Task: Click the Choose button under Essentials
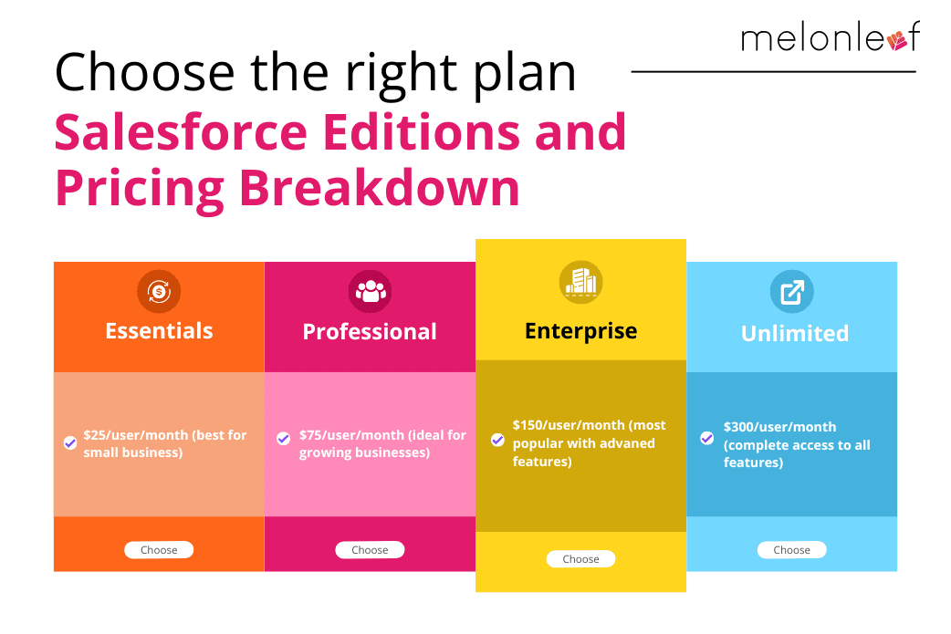pyautogui.click(x=159, y=550)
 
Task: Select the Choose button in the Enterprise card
pyautogui.click(x=581, y=559)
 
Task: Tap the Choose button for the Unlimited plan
pyautogui.click(x=791, y=550)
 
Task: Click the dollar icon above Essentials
pyautogui.click(x=159, y=292)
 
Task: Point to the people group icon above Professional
pyautogui.click(x=370, y=292)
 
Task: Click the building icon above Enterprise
pyautogui.click(x=581, y=283)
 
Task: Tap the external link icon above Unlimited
pyautogui.click(x=792, y=292)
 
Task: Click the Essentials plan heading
pyautogui.click(x=159, y=331)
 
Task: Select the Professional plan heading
pyautogui.click(x=370, y=331)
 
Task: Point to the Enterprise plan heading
pyautogui.click(x=581, y=331)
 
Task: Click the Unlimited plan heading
pyautogui.click(x=795, y=333)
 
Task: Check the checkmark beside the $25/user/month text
pyautogui.click(x=70, y=443)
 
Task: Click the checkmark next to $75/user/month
pyautogui.click(x=283, y=438)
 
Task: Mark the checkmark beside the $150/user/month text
pyautogui.click(x=497, y=440)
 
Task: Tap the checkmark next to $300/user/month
pyautogui.click(x=706, y=438)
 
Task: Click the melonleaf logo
pyautogui.click(x=831, y=38)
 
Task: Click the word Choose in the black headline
pyautogui.click(x=144, y=72)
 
